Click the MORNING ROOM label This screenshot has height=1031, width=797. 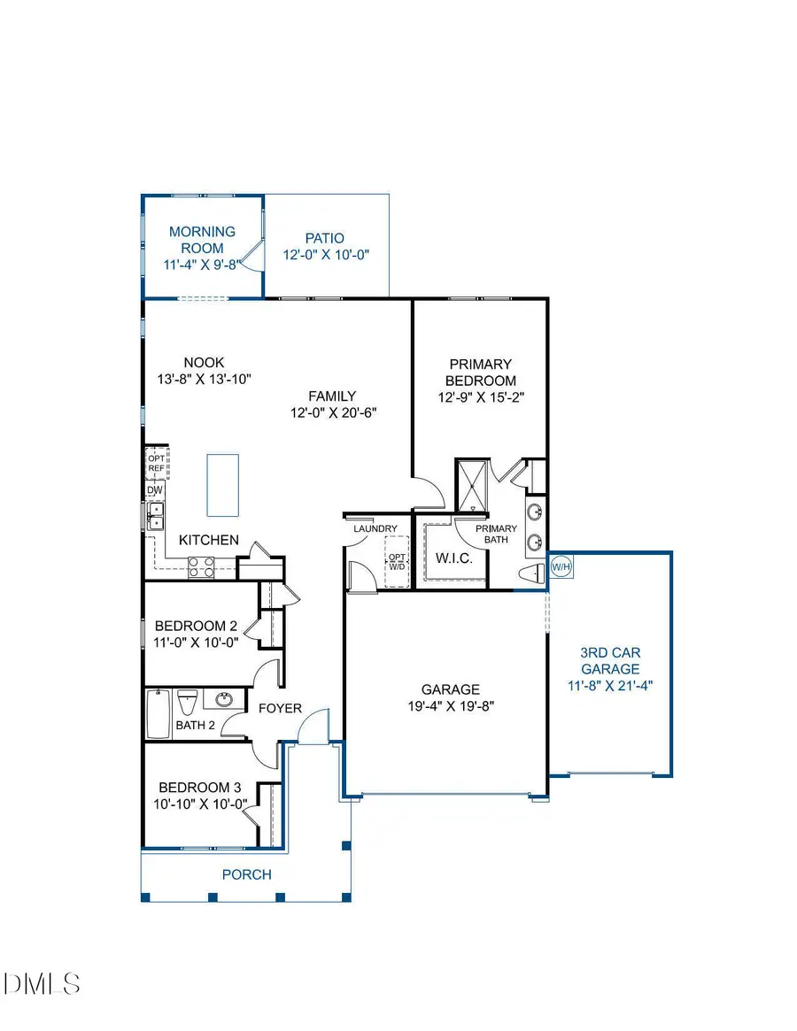202,240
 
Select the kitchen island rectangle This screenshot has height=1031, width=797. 223,485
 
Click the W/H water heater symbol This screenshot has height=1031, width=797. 561,566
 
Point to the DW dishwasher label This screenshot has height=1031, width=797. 154,490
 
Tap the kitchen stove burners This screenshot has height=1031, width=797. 201,566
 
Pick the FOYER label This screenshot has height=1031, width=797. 280,709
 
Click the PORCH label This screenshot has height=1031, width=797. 247,874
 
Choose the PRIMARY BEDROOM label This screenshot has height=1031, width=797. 481,373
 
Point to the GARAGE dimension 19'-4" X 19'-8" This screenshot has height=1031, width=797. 450,706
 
